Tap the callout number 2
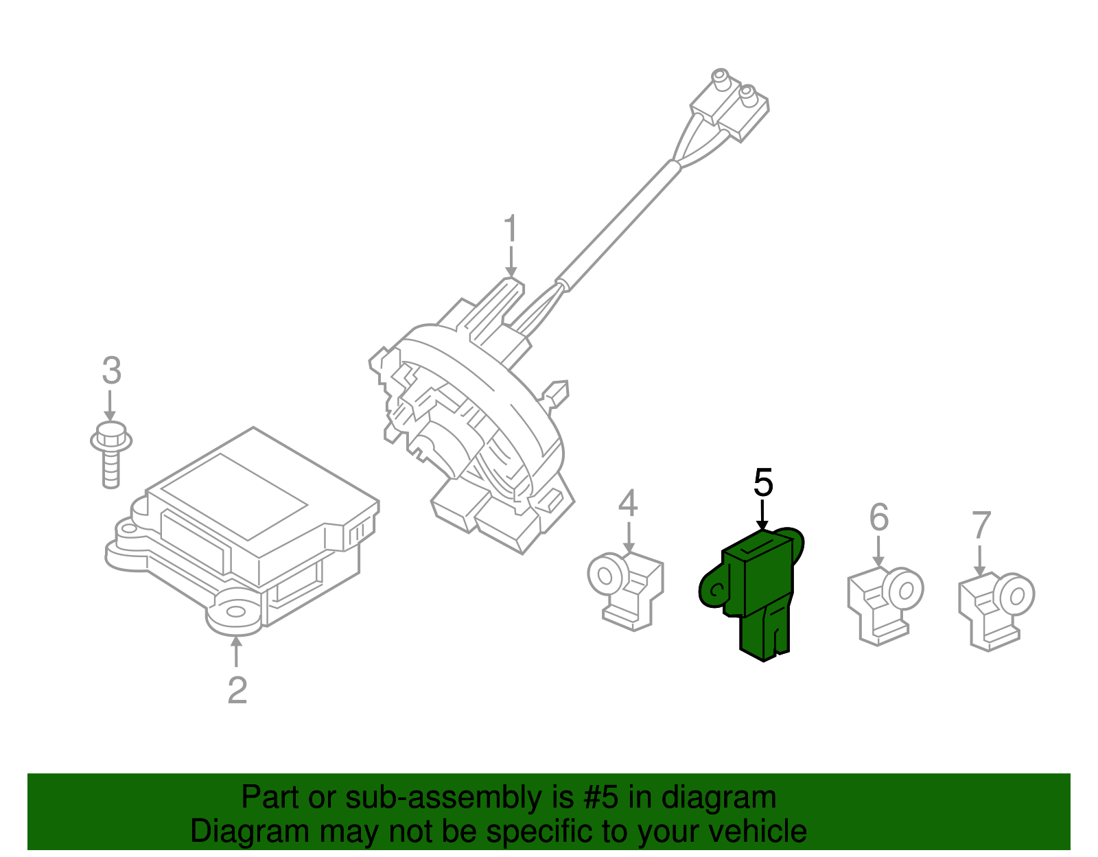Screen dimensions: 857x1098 237,690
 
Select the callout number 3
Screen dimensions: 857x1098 111,371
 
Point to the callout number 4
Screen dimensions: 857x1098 627,504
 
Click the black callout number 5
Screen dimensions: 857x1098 763,483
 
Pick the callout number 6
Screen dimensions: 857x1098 878,518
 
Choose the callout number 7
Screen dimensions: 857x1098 981,526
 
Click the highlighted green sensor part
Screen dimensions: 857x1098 758,590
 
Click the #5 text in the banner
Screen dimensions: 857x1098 601,798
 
